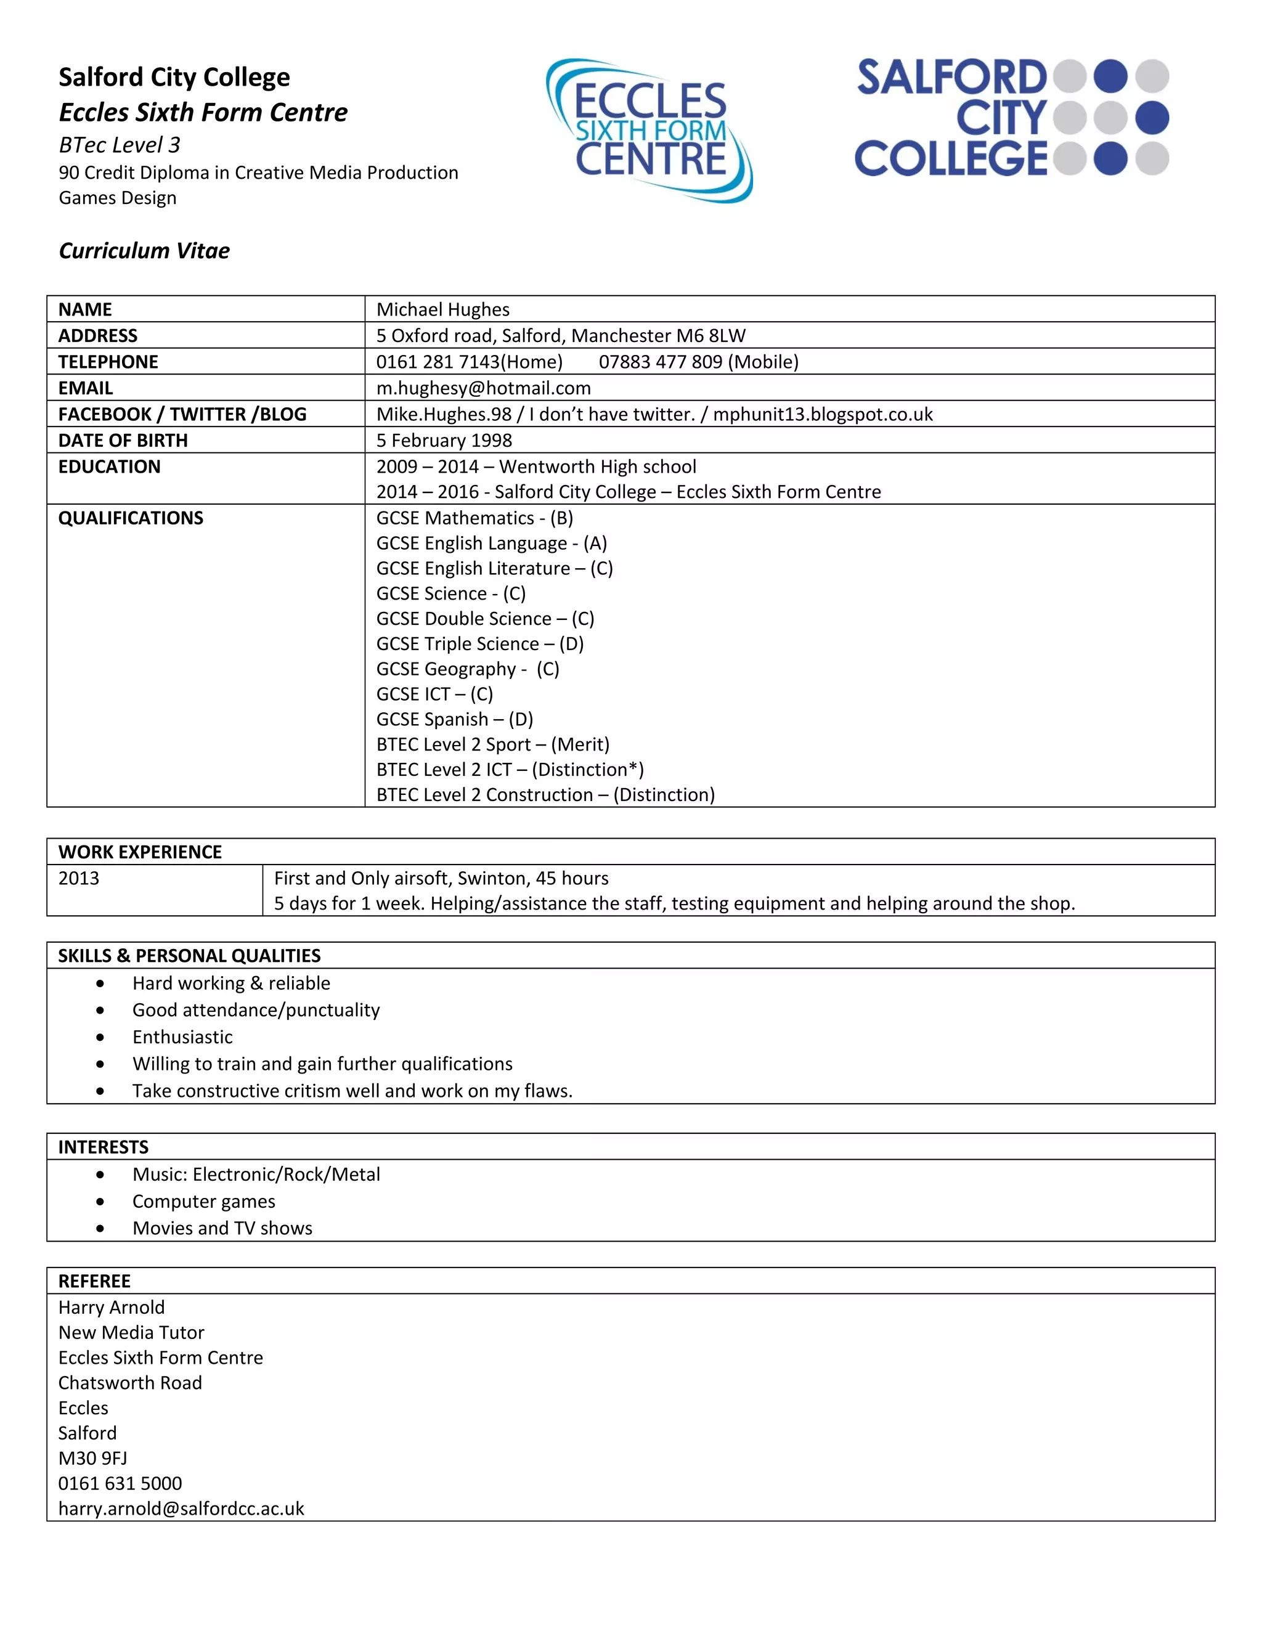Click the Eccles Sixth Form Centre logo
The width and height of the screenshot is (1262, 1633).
click(x=649, y=130)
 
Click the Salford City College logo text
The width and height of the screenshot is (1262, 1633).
click(x=951, y=118)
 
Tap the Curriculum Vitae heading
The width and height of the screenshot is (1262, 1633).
click(x=144, y=250)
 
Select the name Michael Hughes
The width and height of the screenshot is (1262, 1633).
click(x=442, y=309)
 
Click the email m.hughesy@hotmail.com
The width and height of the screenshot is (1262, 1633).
click(x=483, y=388)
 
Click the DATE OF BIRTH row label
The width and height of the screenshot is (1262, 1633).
click(x=123, y=441)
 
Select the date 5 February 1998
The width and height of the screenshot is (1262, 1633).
click(x=444, y=441)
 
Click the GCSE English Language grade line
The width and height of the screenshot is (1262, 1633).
click(x=491, y=544)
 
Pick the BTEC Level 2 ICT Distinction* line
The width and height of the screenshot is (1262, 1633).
click(x=510, y=770)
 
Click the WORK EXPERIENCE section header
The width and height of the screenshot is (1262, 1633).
click(x=140, y=852)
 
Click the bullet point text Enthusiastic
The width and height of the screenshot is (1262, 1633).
click(x=182, y=1037)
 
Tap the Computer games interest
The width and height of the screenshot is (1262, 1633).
click(x=203, y=1202)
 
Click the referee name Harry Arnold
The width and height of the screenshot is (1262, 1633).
click(x=112, y=1307)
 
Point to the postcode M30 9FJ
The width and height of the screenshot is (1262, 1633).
click(x=92, y=1458)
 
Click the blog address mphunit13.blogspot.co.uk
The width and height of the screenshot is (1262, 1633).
click(x=823, y=414)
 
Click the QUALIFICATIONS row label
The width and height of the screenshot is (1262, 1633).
click(x=131, y=518)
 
